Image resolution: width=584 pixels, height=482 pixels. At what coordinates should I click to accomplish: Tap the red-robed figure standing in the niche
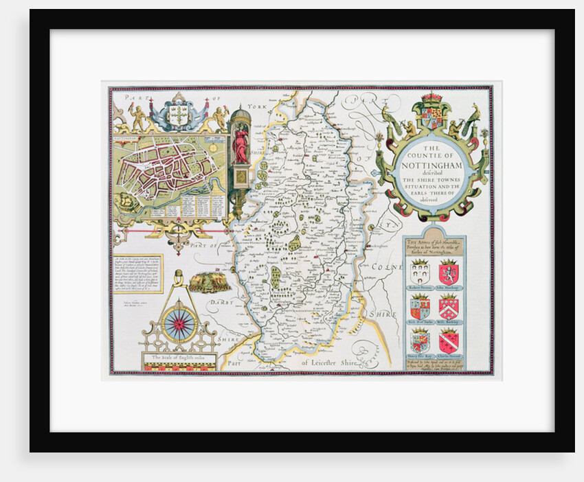241,144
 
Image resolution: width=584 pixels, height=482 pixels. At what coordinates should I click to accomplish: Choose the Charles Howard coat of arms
448,340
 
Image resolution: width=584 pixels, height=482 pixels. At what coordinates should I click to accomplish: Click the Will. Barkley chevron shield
448,306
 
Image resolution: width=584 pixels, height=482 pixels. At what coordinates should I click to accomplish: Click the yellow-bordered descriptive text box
137,275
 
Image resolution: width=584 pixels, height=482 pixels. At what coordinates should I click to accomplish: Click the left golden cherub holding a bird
138,117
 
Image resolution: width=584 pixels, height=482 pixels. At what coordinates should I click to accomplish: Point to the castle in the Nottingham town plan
126,200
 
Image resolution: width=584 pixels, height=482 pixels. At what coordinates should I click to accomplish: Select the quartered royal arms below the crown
431,117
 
